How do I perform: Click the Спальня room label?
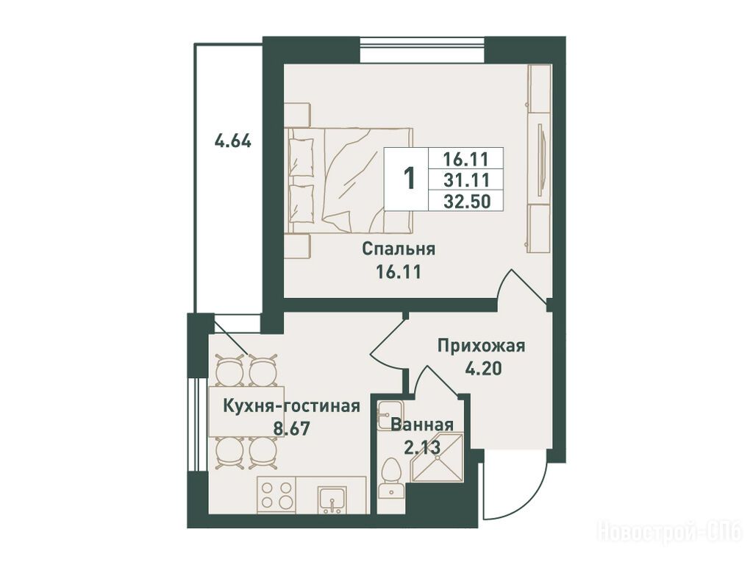coord(399,250)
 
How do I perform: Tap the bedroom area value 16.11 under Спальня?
coord(399,273)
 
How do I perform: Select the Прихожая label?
coord(481,346)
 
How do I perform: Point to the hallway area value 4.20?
coord(483,369)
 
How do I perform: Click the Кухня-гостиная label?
coord(292,406)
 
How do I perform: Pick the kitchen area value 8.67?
coord(292,428)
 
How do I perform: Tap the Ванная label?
coord(422,425)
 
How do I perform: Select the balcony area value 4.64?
coord(233,142)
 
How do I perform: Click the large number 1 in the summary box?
coord(409,179)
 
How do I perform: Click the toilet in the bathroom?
coord(391,478)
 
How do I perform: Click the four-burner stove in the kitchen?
coord(276,495)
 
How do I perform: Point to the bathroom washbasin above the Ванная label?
coord(390,415)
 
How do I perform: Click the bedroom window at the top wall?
coord(422,49)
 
